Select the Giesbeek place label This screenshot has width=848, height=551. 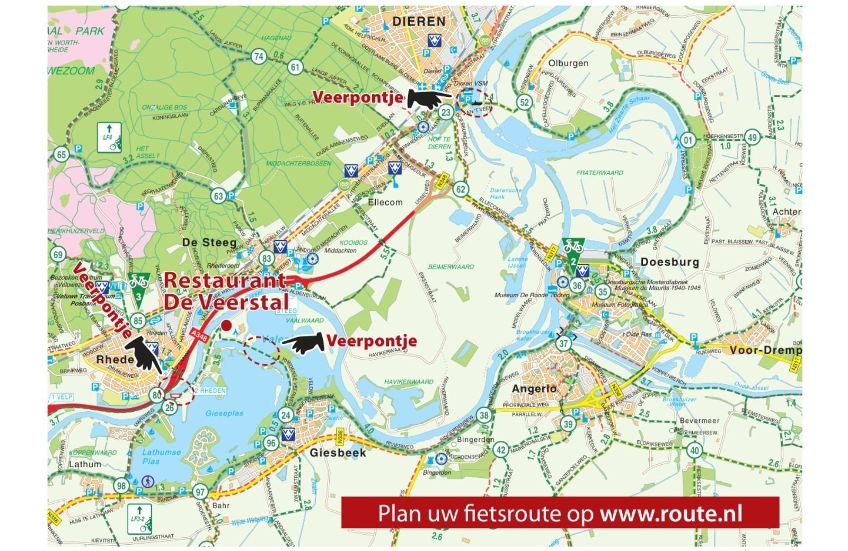(338, 452)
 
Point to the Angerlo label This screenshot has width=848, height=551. (534, 388)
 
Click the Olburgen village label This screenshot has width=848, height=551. (568, 63)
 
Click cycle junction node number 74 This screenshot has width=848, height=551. (259, 57)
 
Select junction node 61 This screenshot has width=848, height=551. (295, 67)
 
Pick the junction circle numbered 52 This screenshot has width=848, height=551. (525, 102)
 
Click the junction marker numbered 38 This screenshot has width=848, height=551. (483, 416)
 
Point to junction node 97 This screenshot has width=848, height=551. (200, 492)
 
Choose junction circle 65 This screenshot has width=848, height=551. (62, 155)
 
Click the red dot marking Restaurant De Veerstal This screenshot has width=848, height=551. (226, 325)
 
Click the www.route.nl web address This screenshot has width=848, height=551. (670, 513)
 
